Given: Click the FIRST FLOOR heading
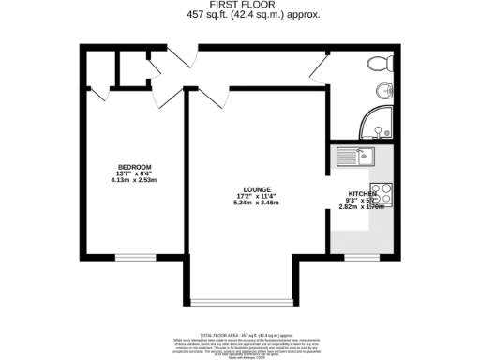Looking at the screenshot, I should point(240,6).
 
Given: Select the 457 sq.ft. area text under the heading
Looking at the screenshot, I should point(239,15).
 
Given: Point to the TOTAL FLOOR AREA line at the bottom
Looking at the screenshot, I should point(239,333).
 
